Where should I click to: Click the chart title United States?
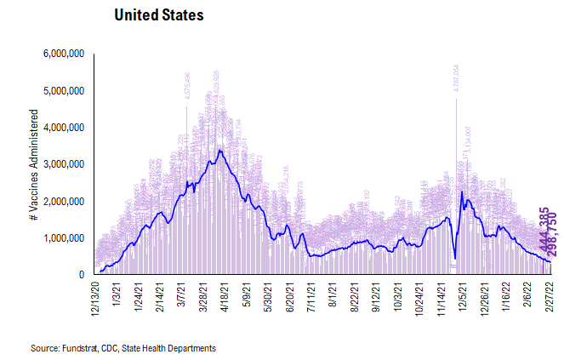click(x=159, y=16)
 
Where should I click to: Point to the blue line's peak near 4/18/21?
click(x=220, y=151)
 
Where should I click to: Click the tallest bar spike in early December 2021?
click(x=456, y=100)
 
